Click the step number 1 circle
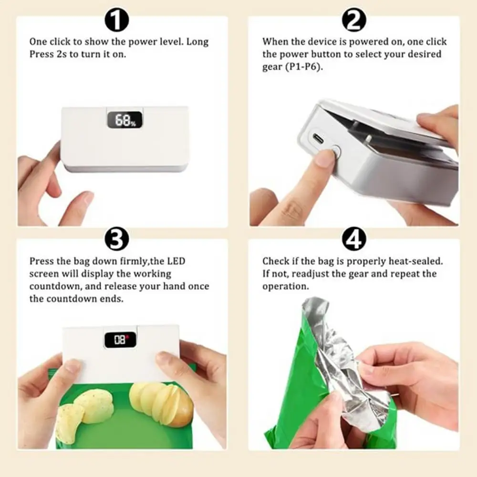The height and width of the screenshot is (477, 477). [x=116, y=20]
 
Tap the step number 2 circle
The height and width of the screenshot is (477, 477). [x=354, y=20]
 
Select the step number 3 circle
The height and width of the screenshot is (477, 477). [x=116, y=239]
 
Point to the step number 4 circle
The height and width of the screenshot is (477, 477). [x=354, y=239]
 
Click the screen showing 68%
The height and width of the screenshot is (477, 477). [x=124, y=120]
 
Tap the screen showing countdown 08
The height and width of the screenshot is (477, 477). [x=120, y=340]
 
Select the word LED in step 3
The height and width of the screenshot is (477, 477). [x=176, y=261]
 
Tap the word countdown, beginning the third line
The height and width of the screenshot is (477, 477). [x=55, y=286]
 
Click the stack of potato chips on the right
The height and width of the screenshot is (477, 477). [x=161, y=401]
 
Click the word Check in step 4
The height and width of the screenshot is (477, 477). [x=276, y=261]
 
